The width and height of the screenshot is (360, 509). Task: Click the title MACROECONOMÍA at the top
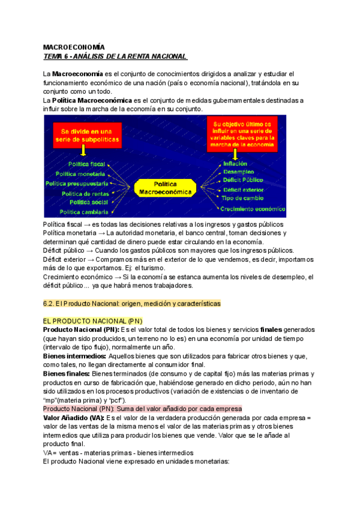[74, 47]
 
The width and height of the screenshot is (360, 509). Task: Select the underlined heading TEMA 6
[115, 56]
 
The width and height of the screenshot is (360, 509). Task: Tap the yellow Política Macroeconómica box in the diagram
[166, 188]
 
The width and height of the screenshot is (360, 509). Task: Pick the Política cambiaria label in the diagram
[84, 212]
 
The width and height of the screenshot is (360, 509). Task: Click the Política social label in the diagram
[89, 202]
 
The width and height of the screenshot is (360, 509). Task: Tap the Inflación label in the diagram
[235, 163]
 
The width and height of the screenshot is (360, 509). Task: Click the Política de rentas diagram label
[85, 193]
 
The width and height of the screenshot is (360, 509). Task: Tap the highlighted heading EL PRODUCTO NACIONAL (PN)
[92, 321]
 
